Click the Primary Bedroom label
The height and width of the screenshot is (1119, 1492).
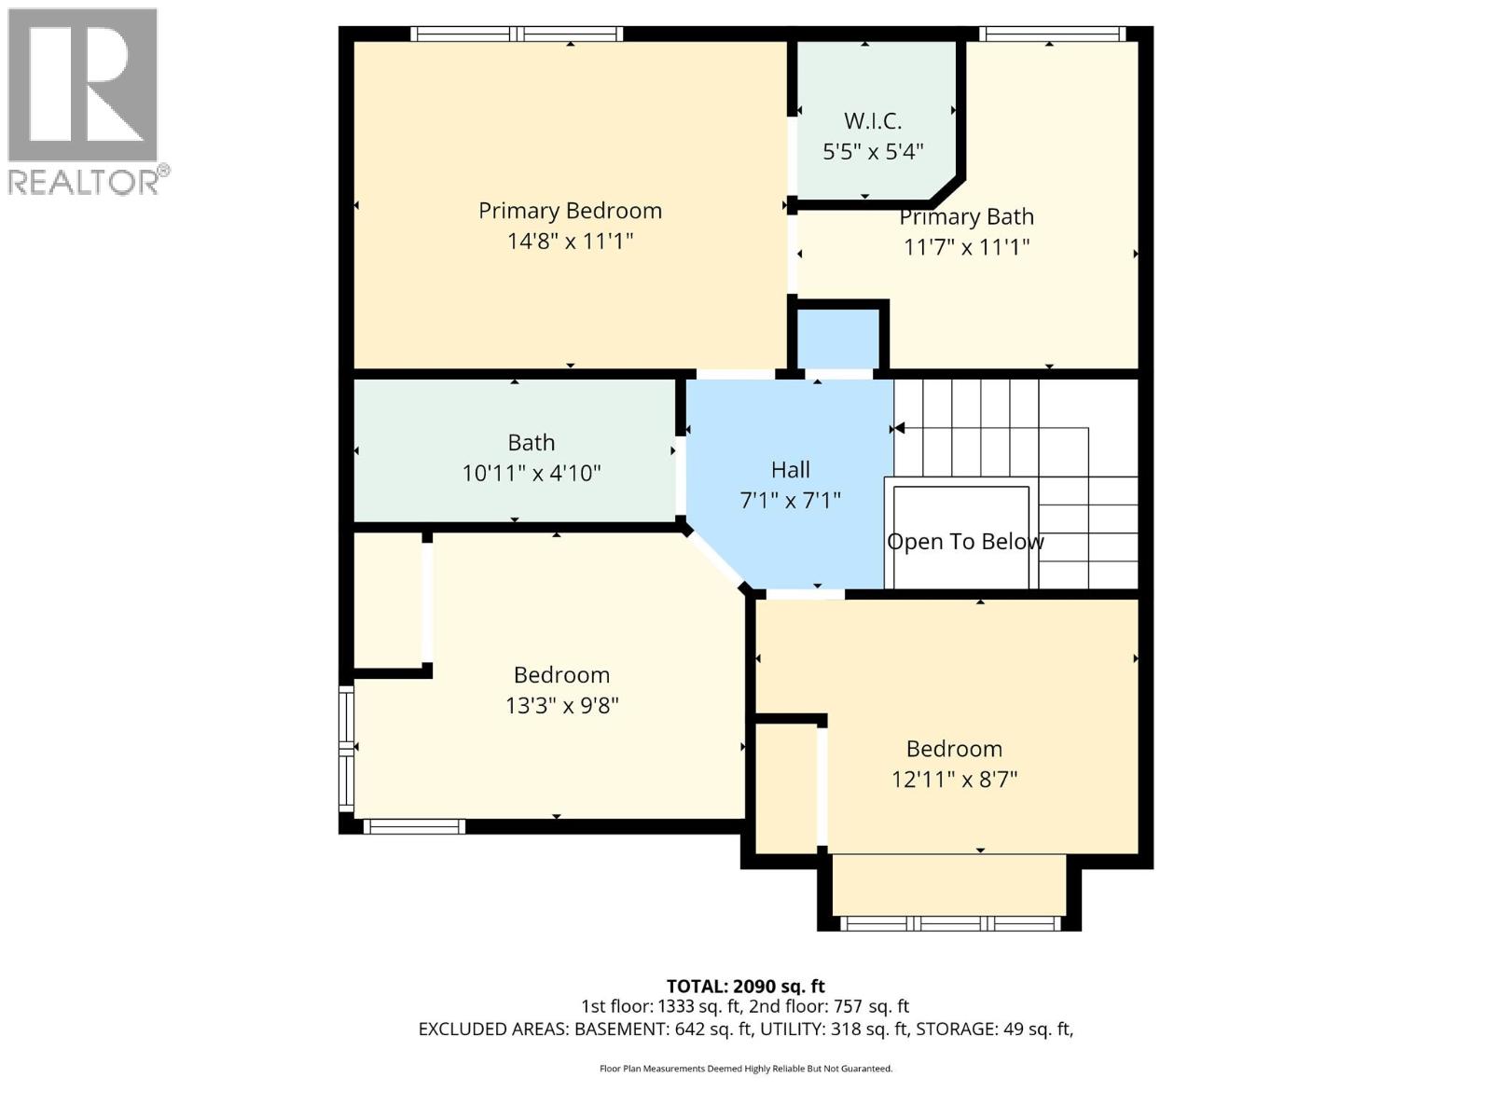pos(570,211)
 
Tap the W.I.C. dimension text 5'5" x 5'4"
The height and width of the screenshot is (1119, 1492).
pos(873,151)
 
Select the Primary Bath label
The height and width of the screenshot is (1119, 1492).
pos(966,217)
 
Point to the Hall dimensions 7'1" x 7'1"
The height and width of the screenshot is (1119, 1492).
pos(790,501)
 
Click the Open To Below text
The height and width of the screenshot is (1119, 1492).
pos(965,542)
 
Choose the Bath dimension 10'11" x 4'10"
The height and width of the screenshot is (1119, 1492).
pos(531,473)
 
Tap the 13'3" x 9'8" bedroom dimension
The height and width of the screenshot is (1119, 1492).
pos(561,705)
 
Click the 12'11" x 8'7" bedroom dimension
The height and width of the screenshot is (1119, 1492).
pos(954,779)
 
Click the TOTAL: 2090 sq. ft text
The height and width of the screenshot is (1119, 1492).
pos(745,986)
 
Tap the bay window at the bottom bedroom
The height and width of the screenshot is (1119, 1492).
pos(949,922)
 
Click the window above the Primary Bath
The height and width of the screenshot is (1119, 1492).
pos(1052,35)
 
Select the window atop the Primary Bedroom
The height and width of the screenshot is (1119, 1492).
pos(517,35)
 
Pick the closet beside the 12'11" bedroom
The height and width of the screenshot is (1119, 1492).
pos(785,788)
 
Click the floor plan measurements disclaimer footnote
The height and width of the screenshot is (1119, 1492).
pos(745,1069)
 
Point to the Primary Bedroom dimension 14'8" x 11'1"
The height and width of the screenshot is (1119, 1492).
pos(570,242)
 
